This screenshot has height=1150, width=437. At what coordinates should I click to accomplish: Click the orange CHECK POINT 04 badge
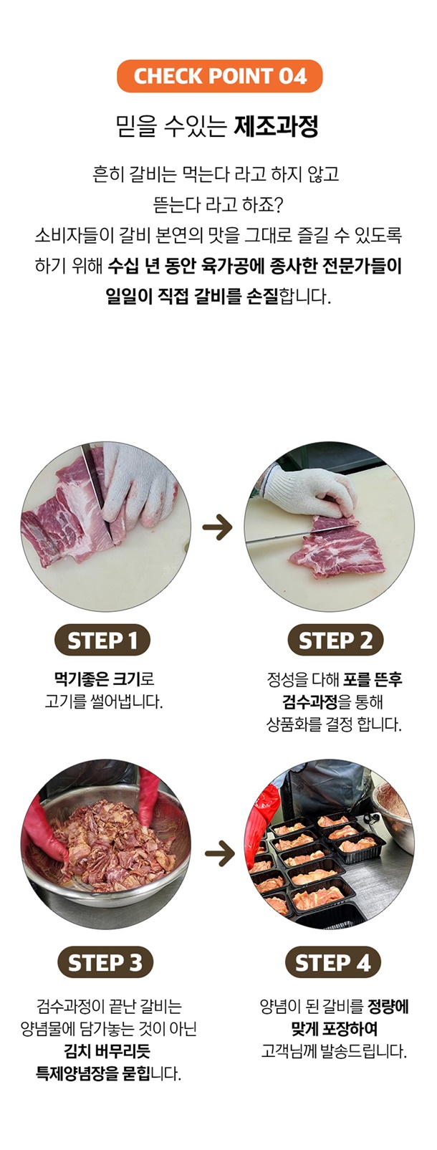pos(220,76)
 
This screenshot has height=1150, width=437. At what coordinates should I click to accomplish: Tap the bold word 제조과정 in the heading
pos(277,126)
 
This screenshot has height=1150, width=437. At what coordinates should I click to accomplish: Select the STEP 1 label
pos(102,640)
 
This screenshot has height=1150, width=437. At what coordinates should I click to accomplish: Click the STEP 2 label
pos(335,640)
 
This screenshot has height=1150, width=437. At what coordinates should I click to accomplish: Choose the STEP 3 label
pos(105,962)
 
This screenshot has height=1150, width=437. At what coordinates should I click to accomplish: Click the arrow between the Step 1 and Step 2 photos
pos(217,527)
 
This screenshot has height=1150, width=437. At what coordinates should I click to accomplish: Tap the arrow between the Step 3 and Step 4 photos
pos(220,853)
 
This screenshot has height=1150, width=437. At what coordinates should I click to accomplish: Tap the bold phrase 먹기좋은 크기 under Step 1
pos(97,679)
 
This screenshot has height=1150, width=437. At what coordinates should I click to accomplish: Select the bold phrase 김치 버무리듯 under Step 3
pos(107,1051)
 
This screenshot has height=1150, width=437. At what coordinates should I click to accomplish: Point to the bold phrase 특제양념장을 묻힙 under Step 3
pos(92,1073)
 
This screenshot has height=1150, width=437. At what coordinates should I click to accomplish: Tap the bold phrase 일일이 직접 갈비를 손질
pos(191,296)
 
